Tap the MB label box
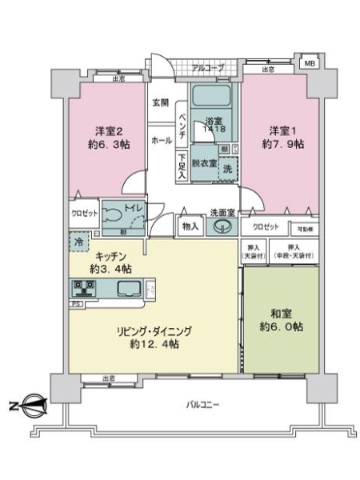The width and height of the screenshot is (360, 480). point(309,62)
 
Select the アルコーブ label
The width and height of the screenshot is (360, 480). point(207,67)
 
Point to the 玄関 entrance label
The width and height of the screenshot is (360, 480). point(160,103)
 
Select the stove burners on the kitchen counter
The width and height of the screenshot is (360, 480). point(84,288)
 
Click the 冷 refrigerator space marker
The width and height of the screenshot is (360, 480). point(78,239)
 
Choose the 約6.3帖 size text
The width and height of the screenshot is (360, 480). point(108,146)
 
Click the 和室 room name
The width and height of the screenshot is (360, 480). point(280,312)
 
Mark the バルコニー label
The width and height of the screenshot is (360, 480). point(205,405)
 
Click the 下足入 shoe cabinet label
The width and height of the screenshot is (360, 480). point(182,164)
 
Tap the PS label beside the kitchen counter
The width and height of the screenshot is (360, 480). point(77,304)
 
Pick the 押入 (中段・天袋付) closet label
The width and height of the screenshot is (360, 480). point(293,250)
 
